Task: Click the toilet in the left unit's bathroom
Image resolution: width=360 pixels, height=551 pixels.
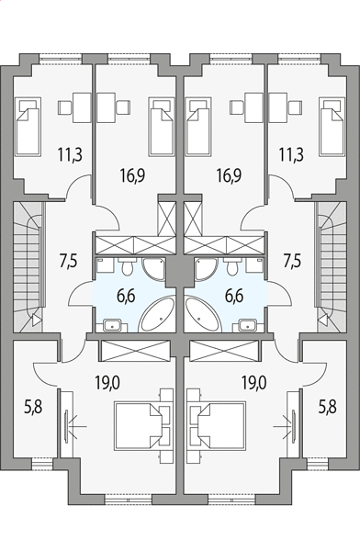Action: click(x=126, y=266)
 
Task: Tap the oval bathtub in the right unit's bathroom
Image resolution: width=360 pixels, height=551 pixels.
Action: click(x=203, y=315)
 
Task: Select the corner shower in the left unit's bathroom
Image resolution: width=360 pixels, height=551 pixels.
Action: click(x=154, y=269)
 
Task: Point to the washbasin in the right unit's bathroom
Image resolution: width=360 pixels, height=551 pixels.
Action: click(x=249, y=325)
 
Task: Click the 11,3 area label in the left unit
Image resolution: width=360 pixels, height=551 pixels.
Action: click(x=71, y=154)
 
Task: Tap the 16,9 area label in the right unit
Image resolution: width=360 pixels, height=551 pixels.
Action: click(x=229, y=175)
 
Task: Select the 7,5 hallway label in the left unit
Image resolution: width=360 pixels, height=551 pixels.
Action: click(x=69, y=262)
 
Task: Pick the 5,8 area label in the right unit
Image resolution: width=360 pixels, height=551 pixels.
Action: click(x=328, y=407)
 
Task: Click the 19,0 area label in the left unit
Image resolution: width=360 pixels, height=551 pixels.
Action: click(x=107, y=382)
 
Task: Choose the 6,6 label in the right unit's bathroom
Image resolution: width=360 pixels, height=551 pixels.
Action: click(x=234, y=297)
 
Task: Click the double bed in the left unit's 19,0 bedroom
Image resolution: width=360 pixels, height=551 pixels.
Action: click(x=138, y=425)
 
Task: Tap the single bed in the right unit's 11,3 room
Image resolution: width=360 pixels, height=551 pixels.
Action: click(x=332, y=126)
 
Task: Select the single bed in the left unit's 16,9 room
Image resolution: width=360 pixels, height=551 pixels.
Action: click(x=162, y=126)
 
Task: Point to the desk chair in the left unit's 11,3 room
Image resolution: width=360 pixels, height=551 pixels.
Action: click(x=65, y=107)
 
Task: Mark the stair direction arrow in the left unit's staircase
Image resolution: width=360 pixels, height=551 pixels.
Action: click(x=37, y=320)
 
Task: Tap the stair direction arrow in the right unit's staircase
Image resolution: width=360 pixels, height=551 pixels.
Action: click(x=323, y=320)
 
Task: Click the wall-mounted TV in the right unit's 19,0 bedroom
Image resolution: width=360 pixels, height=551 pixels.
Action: click(x=293, y=425)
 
